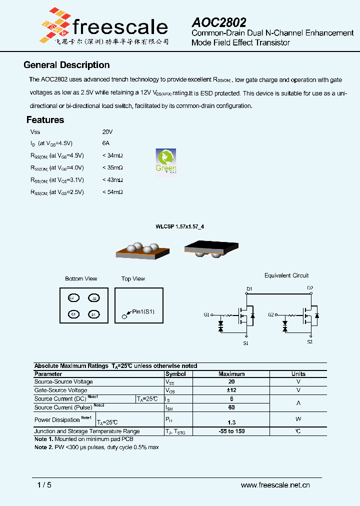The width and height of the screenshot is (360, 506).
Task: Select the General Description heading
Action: pos(66,65)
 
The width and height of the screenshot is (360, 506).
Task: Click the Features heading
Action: pos(45,120)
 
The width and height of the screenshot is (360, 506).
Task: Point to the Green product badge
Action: pos(165,162)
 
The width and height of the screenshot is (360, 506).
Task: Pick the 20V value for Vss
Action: pos(107,131)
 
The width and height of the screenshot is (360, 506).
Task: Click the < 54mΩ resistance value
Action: pos(112,191)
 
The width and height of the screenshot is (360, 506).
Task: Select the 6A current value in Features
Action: pos(105,143)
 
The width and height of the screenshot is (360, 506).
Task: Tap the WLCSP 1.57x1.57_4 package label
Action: pos(179,226)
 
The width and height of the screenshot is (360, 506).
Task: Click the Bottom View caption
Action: pos(81,278)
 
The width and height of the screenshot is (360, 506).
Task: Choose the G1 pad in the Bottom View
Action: pos(73,314)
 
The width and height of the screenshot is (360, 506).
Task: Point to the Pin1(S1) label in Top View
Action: pos(143,311)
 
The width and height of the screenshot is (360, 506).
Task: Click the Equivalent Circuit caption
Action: pos(286,275)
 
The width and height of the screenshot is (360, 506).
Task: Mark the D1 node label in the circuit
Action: pos(249,289)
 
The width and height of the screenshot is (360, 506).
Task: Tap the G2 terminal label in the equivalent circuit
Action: pos(270,315)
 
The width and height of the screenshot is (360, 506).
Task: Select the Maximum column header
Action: pos(231,374)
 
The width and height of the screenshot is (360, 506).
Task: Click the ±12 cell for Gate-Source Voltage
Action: pos(231,390)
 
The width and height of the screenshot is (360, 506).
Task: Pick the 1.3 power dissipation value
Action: pos(231,422)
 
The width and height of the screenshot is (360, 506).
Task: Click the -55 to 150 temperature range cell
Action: pos(231,431)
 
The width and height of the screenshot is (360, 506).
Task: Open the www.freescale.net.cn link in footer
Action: pos(275,485)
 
